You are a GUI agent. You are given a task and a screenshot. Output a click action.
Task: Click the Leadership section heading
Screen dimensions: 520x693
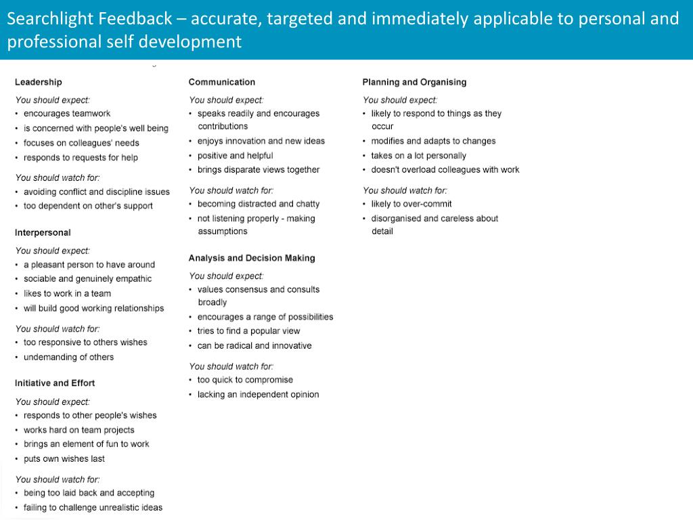[38, 82]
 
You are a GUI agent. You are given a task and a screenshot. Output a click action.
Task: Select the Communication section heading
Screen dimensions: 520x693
[221, 82]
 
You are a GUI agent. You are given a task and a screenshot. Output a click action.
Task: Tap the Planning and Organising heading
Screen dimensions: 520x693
[414, 82]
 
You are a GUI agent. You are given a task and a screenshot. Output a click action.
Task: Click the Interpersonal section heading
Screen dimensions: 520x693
[42, 232]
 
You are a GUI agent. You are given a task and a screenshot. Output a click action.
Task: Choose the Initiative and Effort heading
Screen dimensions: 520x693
[55, 383]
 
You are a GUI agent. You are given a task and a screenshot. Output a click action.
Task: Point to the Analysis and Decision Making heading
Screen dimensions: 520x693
[251, 258]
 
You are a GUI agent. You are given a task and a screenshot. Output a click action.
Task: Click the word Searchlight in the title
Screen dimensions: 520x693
[49, 19]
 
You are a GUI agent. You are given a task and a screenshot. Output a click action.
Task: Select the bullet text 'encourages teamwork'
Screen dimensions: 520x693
[66, 114]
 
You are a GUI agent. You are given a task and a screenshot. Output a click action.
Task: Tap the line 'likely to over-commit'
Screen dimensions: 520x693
[411, 204]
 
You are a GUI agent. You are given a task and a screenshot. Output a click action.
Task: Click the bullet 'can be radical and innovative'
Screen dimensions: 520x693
[254, 345]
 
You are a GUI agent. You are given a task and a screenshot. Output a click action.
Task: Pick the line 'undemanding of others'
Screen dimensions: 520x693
[68, 357]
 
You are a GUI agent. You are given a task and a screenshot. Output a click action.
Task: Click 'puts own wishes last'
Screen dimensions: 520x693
[64, 458]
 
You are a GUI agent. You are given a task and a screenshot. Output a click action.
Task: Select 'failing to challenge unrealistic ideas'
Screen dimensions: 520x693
[93, 507]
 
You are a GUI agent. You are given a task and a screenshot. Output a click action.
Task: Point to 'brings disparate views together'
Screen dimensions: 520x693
[258, 169]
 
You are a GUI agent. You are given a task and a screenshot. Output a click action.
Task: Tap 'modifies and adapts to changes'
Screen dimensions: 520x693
[433, 141]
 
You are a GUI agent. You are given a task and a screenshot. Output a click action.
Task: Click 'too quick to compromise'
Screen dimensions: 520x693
[244, 380]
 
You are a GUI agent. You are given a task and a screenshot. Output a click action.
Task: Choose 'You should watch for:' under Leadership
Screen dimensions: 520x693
[57, 178]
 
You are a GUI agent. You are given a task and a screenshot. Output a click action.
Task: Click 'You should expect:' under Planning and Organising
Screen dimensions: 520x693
[399, 100]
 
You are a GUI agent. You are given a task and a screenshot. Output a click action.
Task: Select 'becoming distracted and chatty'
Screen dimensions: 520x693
[258, 204]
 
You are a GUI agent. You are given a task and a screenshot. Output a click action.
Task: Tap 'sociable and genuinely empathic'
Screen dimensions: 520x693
[87, 278]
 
